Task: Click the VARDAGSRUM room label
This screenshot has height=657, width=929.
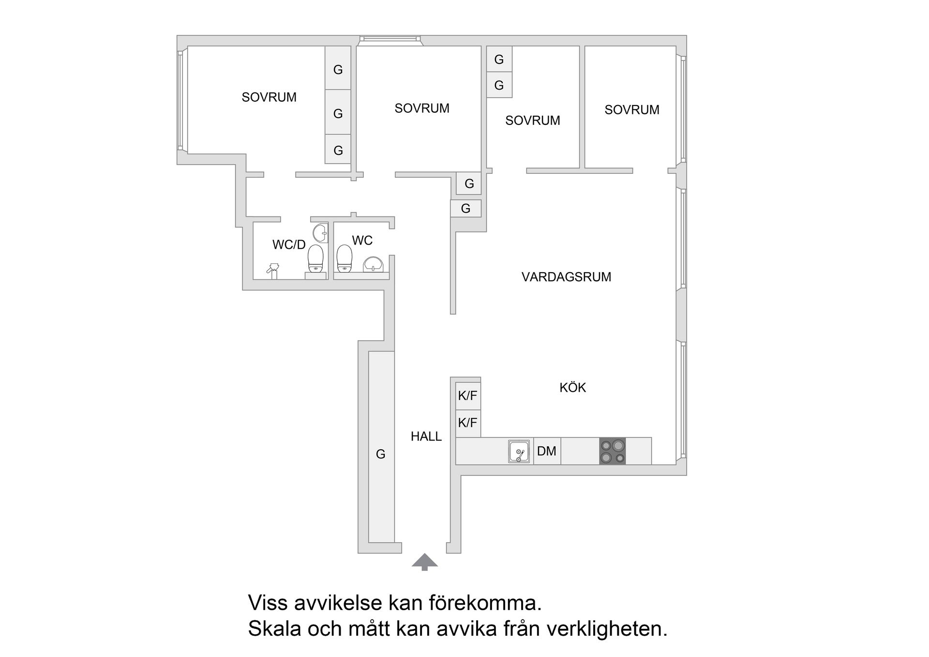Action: pos(566,277)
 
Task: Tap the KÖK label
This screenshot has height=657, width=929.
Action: pos(572,387)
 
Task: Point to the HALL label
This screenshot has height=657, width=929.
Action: pos(426,436)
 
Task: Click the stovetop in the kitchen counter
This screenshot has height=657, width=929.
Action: pos(612,451)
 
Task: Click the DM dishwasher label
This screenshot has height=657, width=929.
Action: pos(547,451)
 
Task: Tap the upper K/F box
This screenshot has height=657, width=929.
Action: pos(467,396)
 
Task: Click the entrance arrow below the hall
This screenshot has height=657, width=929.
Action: pos(424,562)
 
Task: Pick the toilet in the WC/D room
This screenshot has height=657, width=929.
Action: pos(315,259)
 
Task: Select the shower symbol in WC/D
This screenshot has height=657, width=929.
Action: pos(273,270)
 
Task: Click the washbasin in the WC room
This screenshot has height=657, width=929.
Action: pos(373,264)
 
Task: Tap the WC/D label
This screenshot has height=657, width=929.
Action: pos(289,245)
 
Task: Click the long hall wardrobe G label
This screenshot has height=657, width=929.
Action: pos(381,454)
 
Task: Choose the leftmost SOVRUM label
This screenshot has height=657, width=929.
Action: pos(269,97)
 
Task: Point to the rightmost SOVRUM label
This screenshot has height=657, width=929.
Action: pos(631,110)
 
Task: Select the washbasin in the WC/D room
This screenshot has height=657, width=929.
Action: pos(320,233)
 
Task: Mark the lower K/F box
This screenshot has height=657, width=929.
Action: pos(467,423)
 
